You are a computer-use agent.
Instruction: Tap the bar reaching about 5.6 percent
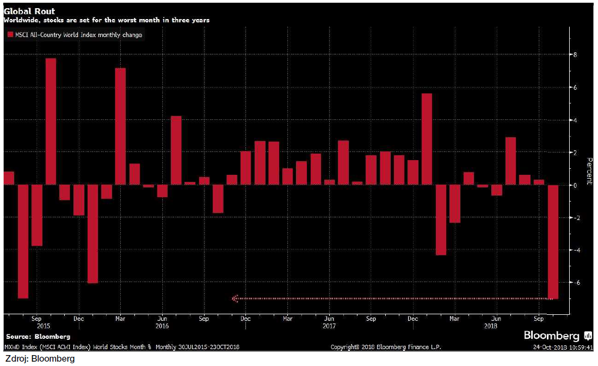tap(427, 139)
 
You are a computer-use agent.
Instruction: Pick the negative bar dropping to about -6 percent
tap(93, 234)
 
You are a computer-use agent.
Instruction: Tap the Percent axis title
tap(588, 172)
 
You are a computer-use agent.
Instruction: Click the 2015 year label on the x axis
tap(37, 326)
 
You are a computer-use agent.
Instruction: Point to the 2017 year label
tap(329, 326)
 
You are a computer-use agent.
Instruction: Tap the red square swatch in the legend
tap(10, 35)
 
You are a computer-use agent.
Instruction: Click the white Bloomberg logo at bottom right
tap(552, 335)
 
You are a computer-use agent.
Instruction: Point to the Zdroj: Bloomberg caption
tap(39, 359)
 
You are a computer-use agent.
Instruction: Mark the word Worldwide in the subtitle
tap(21, 20)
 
